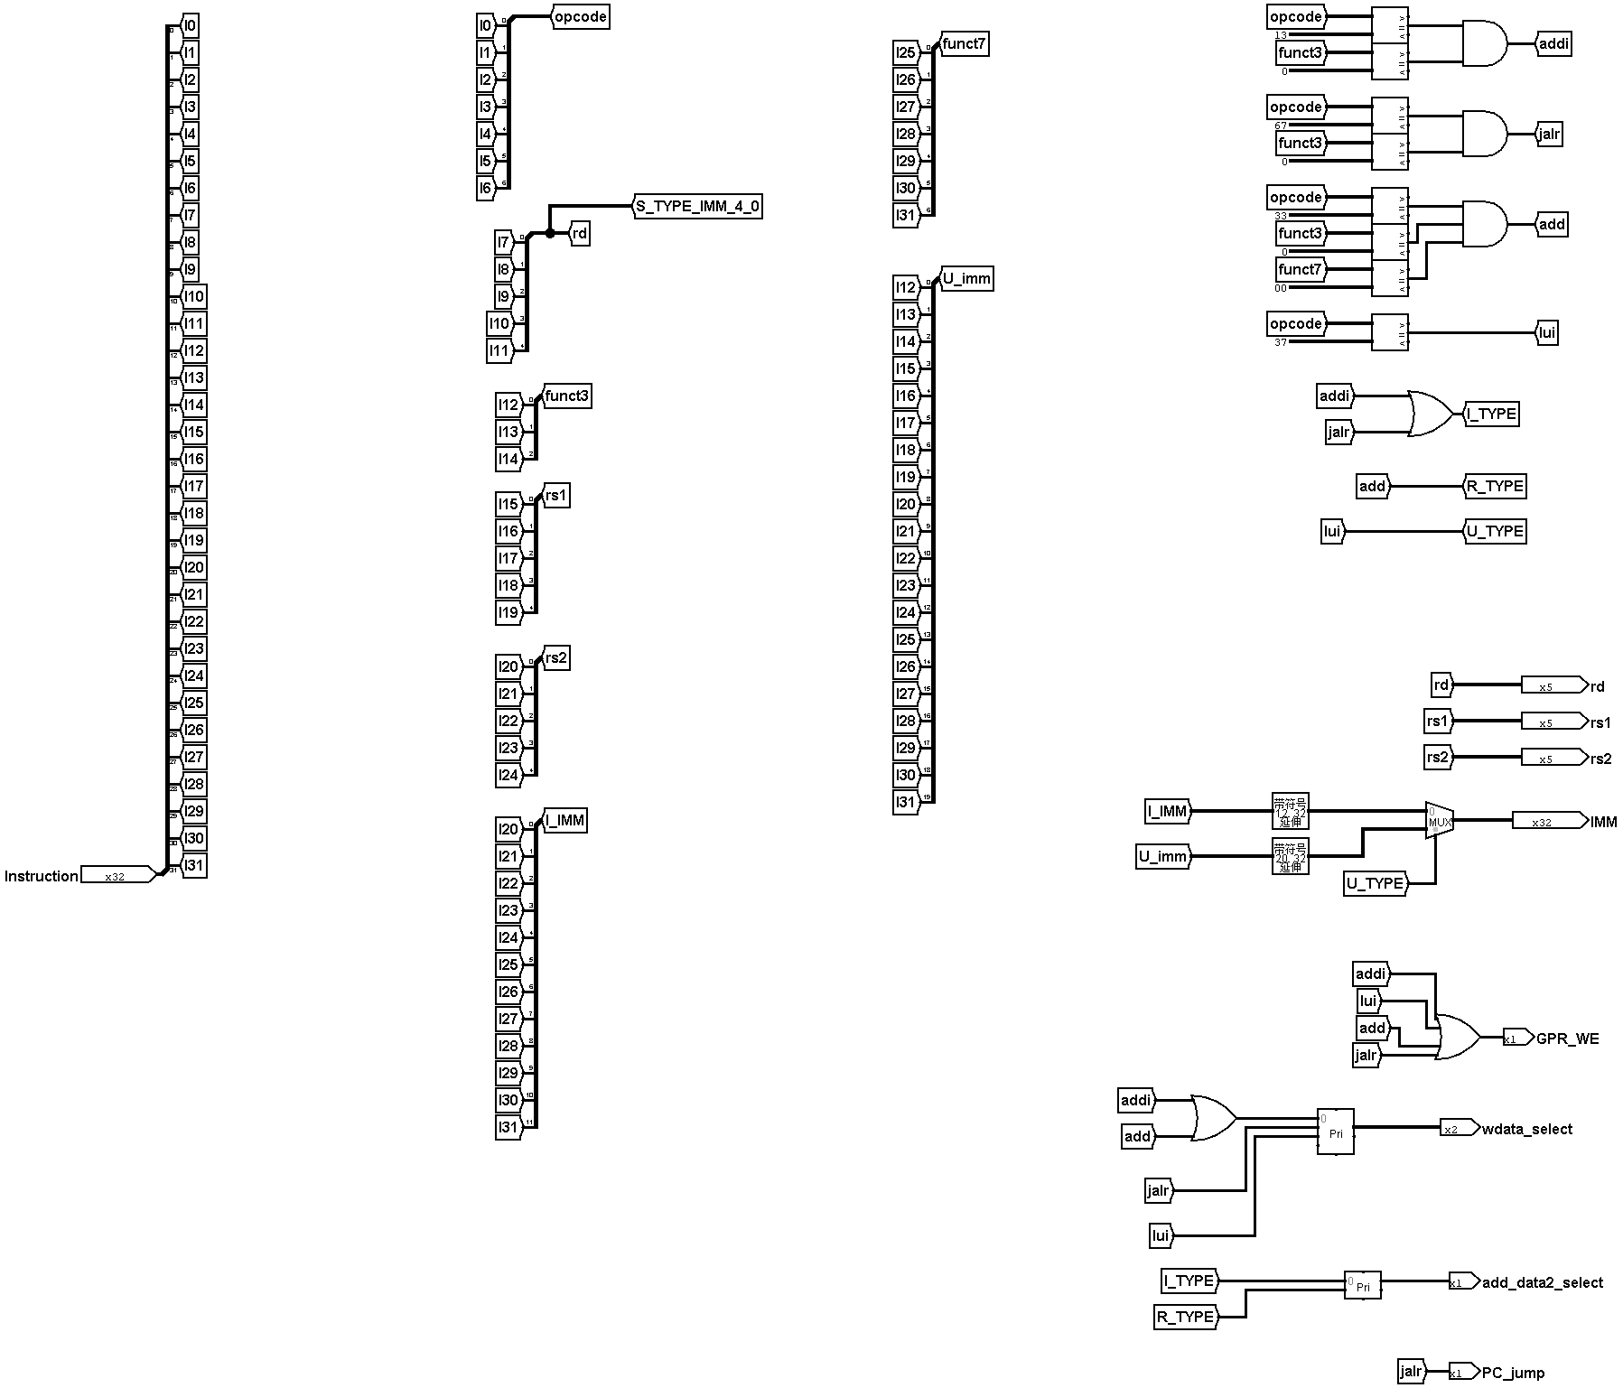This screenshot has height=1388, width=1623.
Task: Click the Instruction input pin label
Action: pos(42,876)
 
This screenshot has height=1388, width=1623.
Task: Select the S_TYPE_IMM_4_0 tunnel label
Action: pos(697,207)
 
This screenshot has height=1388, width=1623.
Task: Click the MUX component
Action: pos(1439,820)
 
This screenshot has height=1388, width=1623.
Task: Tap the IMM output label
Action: pos(1603,822)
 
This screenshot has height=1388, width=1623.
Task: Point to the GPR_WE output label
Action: pos(1567,1039)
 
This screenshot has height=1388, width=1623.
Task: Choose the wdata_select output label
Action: pos(1526,1129)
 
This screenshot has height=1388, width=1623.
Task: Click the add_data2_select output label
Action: pos(1542,1282)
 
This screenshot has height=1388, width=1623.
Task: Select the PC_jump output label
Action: pos(1513,1373)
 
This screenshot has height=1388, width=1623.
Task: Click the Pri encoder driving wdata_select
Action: pos(1335,1131)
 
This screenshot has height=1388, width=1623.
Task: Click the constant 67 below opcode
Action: pos(1281,126)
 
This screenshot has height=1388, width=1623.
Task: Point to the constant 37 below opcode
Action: pos(1281,342)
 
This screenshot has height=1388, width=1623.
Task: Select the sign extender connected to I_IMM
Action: pos(1290,811)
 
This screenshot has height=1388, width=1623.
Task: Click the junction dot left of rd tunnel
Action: pos(550,234)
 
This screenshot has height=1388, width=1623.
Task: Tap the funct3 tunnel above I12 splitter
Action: pos(566,396)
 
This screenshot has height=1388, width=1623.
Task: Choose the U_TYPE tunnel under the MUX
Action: pos(1375,883)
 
